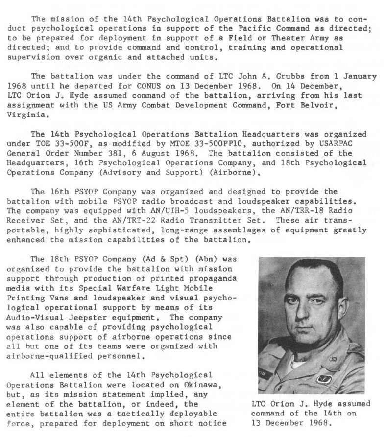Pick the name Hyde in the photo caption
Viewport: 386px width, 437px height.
pos(317,404)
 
